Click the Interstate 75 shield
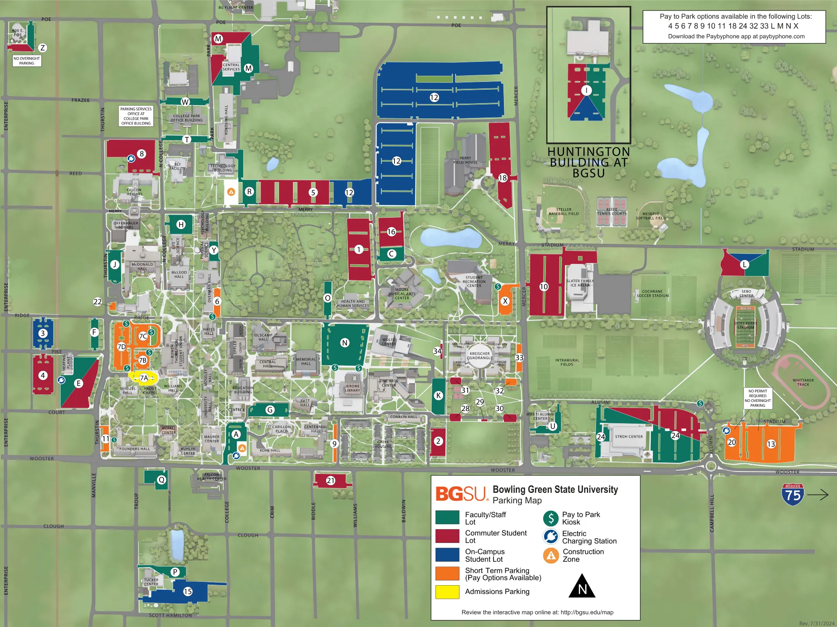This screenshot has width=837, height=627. click(x=793, y=494)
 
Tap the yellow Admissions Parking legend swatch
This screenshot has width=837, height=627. click(x=447, y=592)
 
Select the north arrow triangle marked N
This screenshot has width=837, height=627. click(x=582, y=587)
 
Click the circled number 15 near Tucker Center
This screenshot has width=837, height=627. click(x=188, y=591)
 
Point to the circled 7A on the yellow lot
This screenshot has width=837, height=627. click(x=144, y=378)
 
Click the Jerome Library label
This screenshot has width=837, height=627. click(x=352, y=388)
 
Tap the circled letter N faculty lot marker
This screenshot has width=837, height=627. click(x=345, y=343)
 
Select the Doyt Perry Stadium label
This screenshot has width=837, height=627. click(x=745, y=325)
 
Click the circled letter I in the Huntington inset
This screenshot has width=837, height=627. click(x=586, y=90)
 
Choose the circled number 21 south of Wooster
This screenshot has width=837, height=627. click(x=330, y=481)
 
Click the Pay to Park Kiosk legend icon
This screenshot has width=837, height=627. click(x=551, y=518)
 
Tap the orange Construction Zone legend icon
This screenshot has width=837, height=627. click(x=551, y=555)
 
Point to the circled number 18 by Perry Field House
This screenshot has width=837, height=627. click(x=503, y=178)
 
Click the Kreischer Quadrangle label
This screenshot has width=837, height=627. click(x=480, y=356)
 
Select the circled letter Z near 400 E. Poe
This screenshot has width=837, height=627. click(x=42, y=48)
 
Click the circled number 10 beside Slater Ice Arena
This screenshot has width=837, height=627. click(x=544, y=287)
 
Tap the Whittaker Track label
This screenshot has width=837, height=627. click(x=803, y=382)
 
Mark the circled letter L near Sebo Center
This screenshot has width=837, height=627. click(x=744, y=264)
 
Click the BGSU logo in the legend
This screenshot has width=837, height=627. click(x=461, y=494)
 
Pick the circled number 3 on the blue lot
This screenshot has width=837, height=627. click(x=42, y=333)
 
